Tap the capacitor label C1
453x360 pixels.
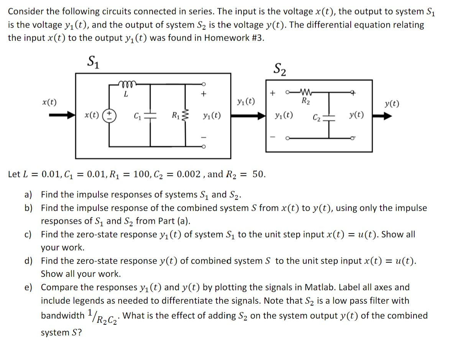137,115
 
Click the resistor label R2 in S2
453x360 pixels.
305,101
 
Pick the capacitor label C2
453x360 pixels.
316,116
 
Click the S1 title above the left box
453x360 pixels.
93,61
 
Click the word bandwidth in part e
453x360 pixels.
63,316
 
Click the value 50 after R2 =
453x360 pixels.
259,174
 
